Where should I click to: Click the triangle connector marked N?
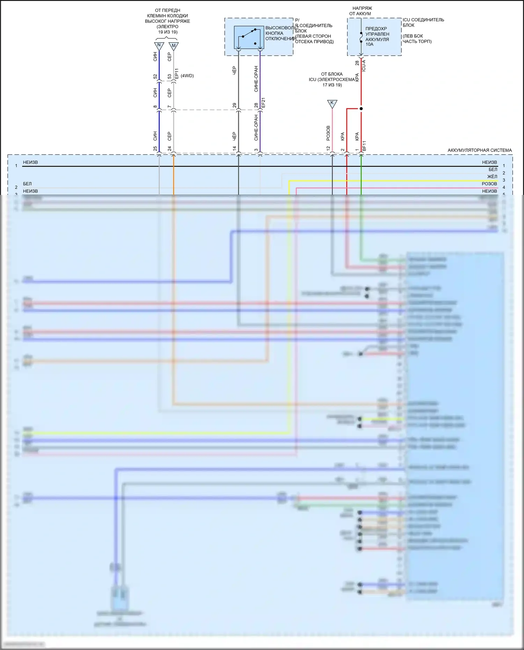pos(159,45)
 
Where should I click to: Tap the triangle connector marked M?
pos(174,46)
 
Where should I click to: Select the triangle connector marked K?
pos(332,103)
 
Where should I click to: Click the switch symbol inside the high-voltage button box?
pos(249,37)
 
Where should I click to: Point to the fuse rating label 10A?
pos(370,44)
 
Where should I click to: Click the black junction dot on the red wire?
pos(361,109)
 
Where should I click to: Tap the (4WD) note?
pos(187,76)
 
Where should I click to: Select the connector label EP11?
pos(176,74)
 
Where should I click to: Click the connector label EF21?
pos(263,103)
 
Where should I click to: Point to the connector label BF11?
pos(364,146)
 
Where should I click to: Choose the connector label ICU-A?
pos(364,66)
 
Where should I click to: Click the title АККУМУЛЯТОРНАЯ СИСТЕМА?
pos(480,150)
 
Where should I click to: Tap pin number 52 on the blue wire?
pos(155,76)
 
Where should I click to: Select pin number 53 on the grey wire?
pos(169,76)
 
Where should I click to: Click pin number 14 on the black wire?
pos(234,148)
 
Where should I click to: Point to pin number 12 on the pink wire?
pos(328,148)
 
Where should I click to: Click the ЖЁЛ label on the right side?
pos(492,177)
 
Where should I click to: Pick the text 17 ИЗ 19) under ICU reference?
pos(332,85)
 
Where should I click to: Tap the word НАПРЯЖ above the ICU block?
pos(362,8)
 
